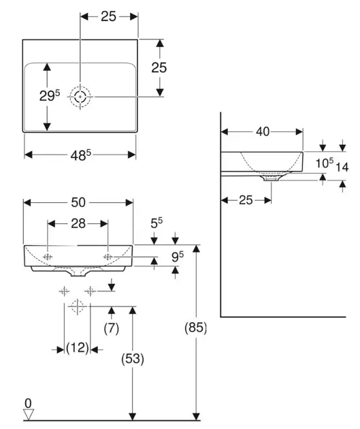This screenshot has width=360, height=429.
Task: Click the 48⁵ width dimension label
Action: point(80,155)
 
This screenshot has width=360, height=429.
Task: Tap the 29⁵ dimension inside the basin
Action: point(50,95)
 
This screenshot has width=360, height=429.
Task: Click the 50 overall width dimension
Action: point(78,202)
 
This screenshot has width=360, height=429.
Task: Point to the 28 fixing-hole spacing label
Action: point(78,224)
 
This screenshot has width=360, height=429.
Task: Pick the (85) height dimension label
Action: point(196,328)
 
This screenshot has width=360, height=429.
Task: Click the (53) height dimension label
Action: point(133,358)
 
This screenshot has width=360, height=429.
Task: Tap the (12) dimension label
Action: point(78,348)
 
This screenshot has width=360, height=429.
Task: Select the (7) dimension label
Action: point(111,328)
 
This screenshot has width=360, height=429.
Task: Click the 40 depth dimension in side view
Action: point(263,132)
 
